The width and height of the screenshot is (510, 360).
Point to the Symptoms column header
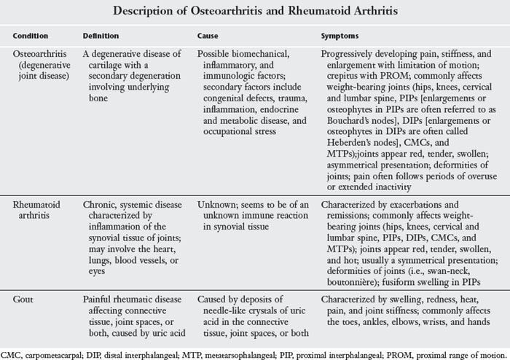pos(340,36)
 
